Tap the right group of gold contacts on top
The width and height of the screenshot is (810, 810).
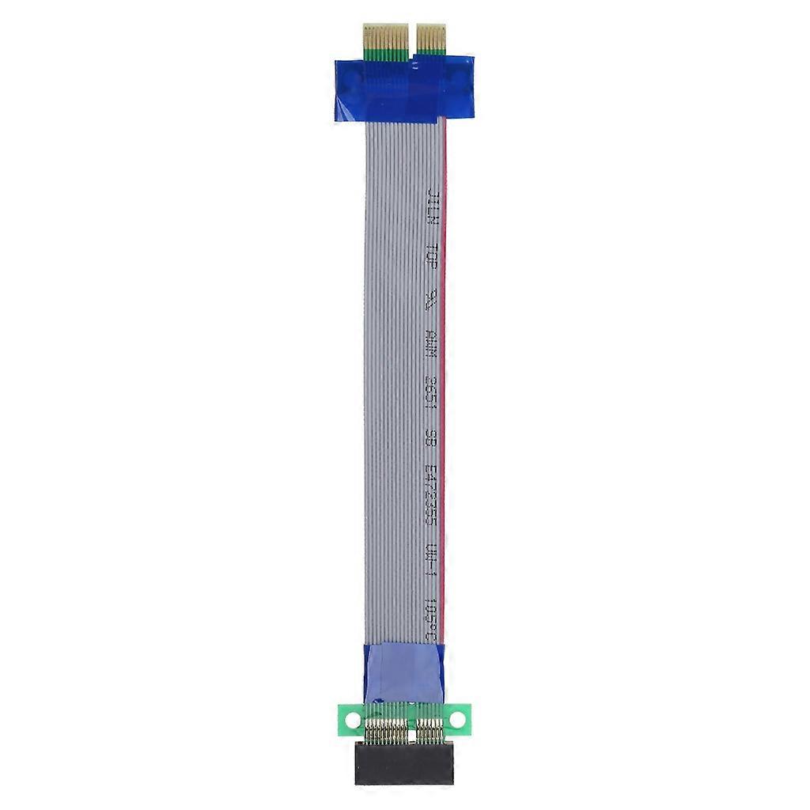431,39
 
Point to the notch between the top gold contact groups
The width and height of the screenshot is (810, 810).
411,40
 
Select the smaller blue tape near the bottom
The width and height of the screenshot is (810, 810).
403,672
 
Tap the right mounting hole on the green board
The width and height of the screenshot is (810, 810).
457,719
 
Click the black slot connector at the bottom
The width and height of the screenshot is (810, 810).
403,764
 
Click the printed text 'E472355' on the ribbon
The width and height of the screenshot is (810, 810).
431,494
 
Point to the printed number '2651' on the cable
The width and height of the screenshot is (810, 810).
431,392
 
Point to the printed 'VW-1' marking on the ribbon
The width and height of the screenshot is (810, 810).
431,562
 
